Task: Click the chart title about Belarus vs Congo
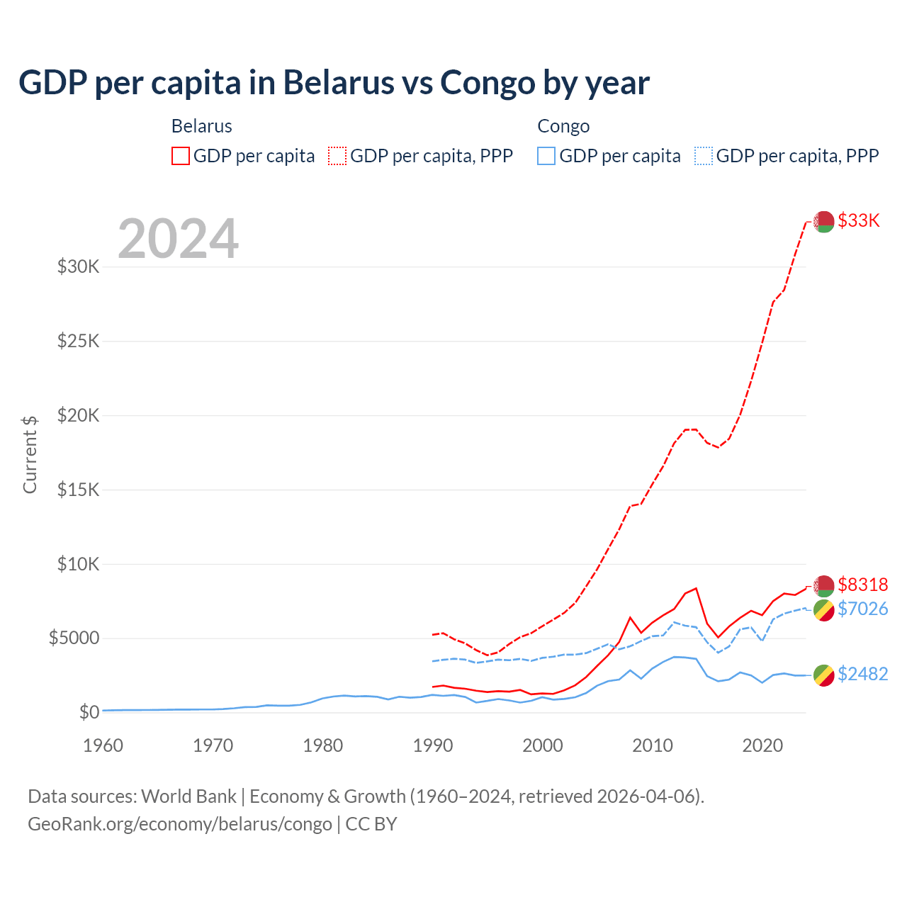pos(334,82)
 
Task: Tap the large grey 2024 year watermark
pos(178,239)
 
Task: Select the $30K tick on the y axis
pos(78,267)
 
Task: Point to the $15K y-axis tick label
pos(78,490)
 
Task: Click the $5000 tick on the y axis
pos(74,638)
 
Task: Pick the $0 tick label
pos(89,712)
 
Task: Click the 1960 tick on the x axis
pos(103,745)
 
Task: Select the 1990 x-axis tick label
pos(433,745)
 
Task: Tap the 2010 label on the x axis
pos(653,745)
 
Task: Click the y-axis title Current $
pos(30,454)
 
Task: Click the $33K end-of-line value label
pos(858,220)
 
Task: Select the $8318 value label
pos(862,585)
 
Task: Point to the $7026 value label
pos(862,609)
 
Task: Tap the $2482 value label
pos(862,674)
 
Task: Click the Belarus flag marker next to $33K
pos(823,222)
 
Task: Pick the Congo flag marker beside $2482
pos(823,675)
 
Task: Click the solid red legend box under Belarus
pos(181,156)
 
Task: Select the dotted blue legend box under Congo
pos(704,156)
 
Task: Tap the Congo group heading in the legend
pos(563,126)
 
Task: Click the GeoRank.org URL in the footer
pos(180,824)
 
